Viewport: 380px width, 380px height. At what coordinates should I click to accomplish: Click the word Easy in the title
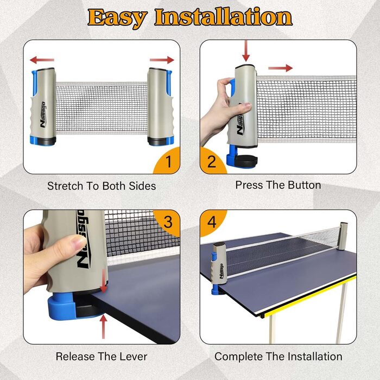click(118, 18)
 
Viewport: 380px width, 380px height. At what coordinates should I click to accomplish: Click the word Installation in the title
click(224, 17)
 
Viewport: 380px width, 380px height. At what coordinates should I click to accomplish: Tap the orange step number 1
click(169, 162)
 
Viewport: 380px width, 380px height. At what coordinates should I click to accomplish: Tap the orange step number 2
click(212, 162)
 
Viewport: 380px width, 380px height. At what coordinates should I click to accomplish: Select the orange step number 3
click(168, 222)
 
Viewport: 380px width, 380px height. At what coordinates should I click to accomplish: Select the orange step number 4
click(212, 222)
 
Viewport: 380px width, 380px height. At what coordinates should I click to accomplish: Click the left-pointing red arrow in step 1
click(42, 60)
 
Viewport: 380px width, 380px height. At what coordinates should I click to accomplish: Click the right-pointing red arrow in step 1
click(162, 60)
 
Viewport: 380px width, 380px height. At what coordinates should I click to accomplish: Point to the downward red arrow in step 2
click(246, 51)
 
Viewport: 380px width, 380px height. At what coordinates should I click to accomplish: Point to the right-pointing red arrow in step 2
click(281, 68)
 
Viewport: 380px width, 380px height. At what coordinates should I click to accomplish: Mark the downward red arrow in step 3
click(104, 281)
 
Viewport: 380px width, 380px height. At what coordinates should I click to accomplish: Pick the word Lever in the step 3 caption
click(135, 357)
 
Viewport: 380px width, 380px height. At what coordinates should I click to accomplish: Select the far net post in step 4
click(343, 236)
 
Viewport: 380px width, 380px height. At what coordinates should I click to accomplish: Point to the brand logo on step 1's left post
click(43, 115)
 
